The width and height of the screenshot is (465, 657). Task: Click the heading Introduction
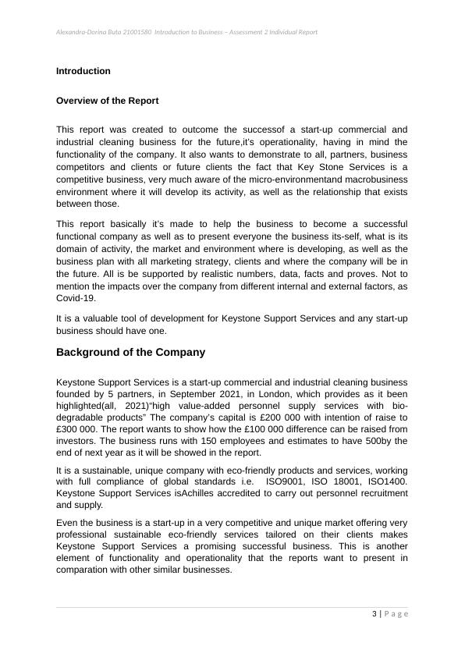click(83, 71)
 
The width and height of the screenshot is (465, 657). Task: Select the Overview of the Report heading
click(107, 101)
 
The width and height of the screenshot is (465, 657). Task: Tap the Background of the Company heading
click(130, 352)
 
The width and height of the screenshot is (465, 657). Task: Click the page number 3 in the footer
click(374, 613)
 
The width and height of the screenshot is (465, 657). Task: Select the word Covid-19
click(75, 298)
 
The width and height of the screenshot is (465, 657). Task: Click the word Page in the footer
click(394, 613)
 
